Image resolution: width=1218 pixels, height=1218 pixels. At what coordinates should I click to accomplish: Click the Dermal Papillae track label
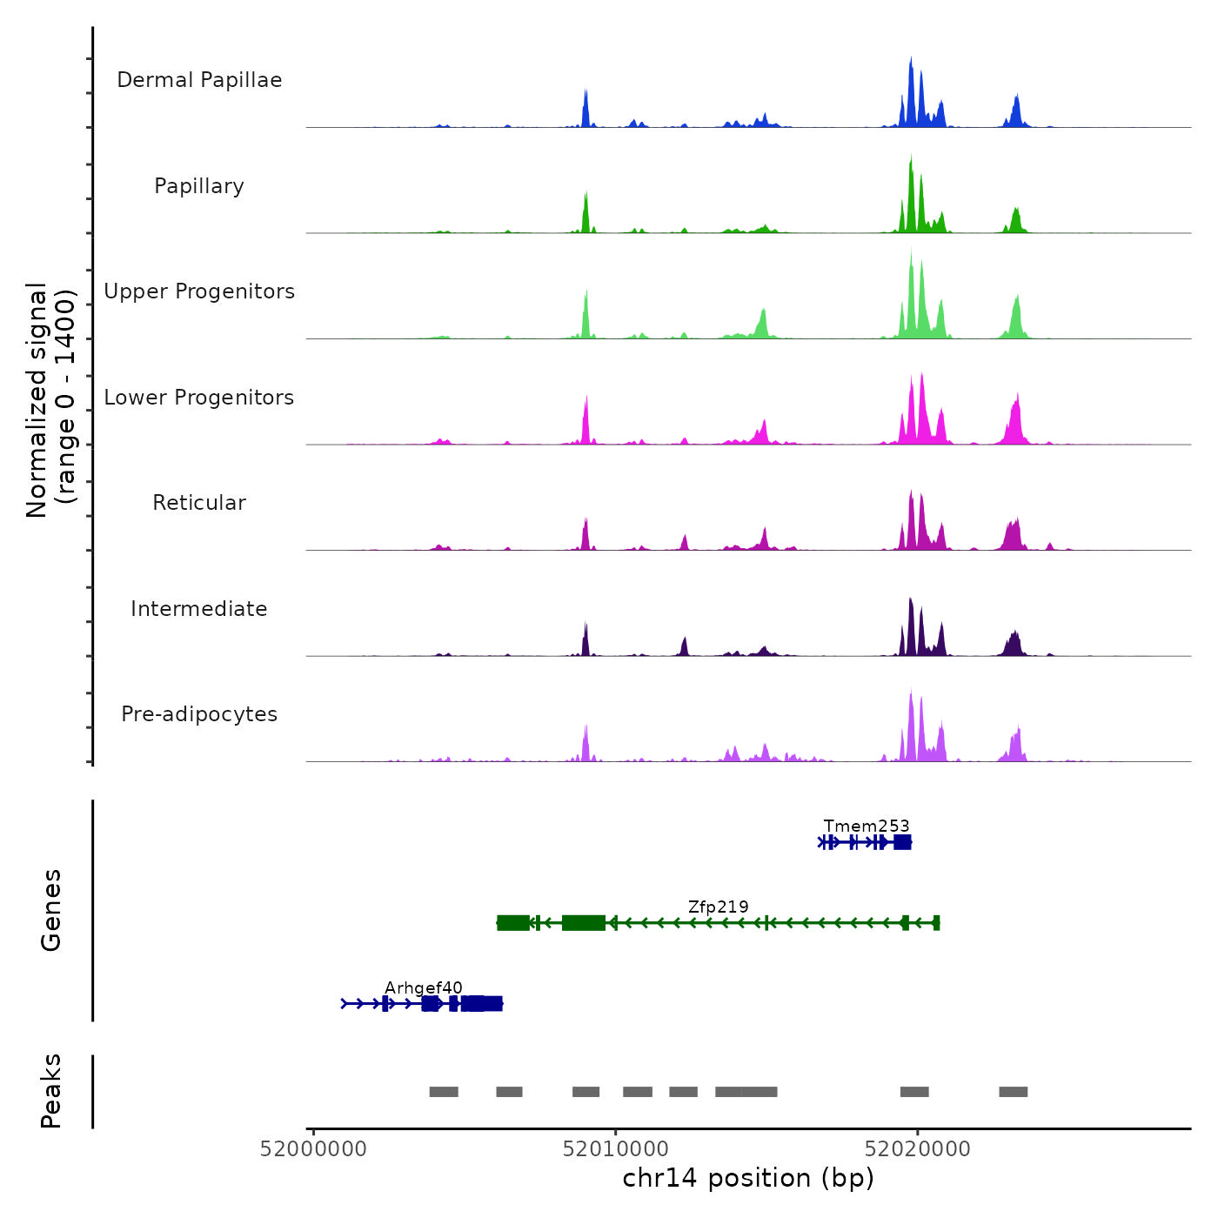click(x=199, y=80)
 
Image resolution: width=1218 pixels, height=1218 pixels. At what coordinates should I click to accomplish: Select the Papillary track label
click(x=199, y=186)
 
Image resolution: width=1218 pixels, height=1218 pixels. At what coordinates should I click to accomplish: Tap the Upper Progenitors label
click(x=199, y=291)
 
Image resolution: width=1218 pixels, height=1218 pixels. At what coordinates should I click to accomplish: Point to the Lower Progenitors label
click(x=199, y=398)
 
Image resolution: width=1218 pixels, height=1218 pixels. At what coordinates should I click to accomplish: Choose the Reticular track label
click(x=199, y=503)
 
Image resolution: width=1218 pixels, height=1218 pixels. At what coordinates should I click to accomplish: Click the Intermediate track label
click(x=199, y=609)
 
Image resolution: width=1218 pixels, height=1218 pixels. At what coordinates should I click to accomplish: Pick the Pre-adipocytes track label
click(x=199, y=714)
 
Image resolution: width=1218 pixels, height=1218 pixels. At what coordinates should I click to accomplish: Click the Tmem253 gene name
click(x=867, y=826)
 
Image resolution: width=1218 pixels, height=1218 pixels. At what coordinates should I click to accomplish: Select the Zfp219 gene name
click(x=718, y=907)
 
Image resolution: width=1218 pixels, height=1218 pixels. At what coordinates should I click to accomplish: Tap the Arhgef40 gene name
click(x=424, y=988)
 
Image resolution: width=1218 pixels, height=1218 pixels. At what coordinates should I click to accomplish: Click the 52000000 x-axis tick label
click(x=313, y=1149)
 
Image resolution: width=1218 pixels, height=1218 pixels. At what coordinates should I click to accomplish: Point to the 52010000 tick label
click(x=616, y=1149)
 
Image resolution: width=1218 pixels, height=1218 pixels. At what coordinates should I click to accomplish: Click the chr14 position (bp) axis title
click(x=748, y=1178)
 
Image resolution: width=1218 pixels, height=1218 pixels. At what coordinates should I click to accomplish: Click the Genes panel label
click(x=51, y=910)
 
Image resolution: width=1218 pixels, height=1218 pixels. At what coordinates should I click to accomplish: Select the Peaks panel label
click(x=51, y=1091)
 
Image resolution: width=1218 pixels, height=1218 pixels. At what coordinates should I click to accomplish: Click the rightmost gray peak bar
click(x=1013, y=1092)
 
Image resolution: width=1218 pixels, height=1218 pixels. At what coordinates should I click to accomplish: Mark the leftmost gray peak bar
click(x=444, y=1092)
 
